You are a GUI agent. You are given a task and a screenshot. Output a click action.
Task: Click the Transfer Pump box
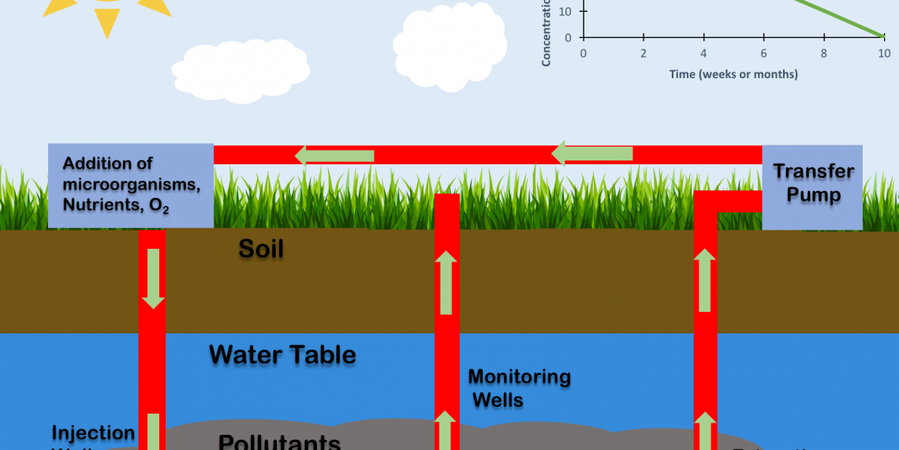[812, 186]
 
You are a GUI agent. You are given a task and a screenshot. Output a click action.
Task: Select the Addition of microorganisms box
[131, 186]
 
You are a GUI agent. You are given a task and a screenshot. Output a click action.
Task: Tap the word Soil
[261, 249]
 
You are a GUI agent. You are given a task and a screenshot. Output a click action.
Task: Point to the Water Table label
[282, 354]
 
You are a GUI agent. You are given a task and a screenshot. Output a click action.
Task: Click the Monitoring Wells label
[519, 388]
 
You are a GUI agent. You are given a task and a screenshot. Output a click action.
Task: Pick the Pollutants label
[280, 441]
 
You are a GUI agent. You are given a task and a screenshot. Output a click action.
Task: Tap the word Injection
[93, 433]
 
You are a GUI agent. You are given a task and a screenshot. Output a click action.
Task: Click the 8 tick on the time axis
[824, 53]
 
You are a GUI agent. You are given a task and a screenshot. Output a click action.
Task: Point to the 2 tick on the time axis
[643, 53]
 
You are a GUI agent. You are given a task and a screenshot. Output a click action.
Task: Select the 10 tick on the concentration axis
[565, 11]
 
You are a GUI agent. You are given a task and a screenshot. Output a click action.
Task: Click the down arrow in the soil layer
[152, 278]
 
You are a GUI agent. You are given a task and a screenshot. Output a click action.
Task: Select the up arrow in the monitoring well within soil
[446, 282]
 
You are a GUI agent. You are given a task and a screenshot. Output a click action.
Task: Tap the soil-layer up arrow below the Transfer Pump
[704, 279]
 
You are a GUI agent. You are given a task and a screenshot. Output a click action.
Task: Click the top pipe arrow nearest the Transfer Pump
[592, 152]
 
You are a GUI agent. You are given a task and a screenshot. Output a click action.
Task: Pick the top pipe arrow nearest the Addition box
[334, 155]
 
